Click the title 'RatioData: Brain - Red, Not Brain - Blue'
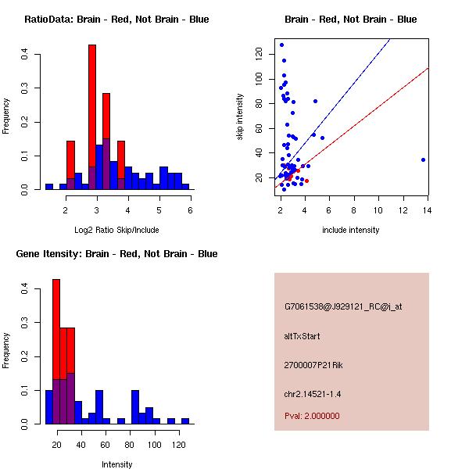(116, 19)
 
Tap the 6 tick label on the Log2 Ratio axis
(190, 210)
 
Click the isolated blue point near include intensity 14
(423, 159)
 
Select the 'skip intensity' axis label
(240, 117)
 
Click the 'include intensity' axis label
(350, 229)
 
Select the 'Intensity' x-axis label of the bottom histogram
(116, 464)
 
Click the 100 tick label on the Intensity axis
(155, 444)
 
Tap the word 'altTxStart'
(302, 336)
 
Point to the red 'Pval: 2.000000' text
(312, 416)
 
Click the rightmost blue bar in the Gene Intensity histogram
(185, 421)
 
